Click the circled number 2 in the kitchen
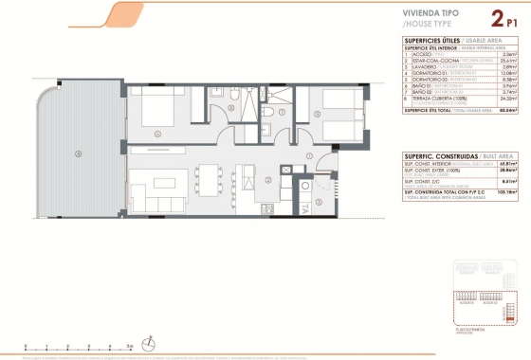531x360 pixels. pos(269,179)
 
